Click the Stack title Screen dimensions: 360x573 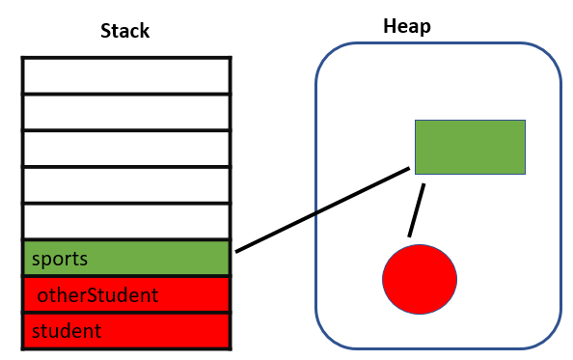point(125,31)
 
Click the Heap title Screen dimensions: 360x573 point(406,26)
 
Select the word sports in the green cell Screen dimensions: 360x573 point(60,259)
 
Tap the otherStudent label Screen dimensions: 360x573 point(96,295)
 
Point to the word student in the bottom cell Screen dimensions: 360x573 point(66,332)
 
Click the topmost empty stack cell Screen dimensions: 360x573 point(126,75)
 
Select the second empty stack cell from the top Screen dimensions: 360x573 point(126,112)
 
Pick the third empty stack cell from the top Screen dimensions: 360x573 point(126,149)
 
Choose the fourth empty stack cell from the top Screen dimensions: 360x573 point(126,185)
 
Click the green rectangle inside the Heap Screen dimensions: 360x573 point(470,147)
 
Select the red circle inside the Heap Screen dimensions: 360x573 point(419,278)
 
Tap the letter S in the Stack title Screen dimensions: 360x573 point(106,31)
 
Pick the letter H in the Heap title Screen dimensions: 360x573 point(388,26)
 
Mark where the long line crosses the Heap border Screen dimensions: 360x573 point(316,212)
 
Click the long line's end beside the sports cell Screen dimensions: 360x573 point(238,250)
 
